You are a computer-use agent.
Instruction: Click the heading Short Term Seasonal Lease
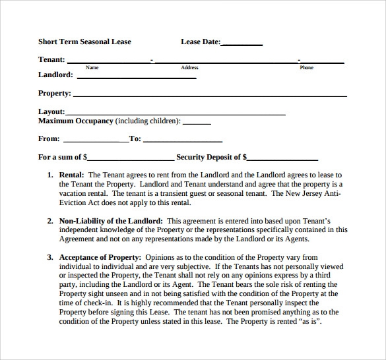point(84,42)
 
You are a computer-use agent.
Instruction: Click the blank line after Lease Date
point(241,44)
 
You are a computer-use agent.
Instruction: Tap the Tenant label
point(51,59)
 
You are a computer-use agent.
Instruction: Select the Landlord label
point(55,75)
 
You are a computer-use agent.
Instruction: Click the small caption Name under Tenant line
point(92,67)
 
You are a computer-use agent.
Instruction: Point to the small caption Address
point(189,67)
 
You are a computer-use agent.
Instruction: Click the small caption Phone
point(306,67)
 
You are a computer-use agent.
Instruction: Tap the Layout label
point(51,112)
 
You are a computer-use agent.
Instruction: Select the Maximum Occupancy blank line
point(196,123)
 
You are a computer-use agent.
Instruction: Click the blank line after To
point(182,141)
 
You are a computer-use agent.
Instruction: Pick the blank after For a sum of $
point(131,160)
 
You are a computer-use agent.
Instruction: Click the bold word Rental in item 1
point(71,175)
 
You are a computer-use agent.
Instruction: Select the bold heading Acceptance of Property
point(100,257)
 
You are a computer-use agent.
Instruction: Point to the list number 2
point(49,221)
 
